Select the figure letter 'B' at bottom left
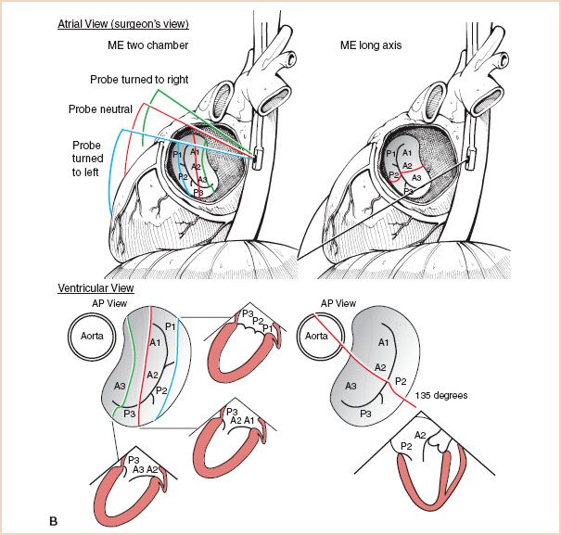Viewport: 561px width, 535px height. [x=53, y=521]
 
